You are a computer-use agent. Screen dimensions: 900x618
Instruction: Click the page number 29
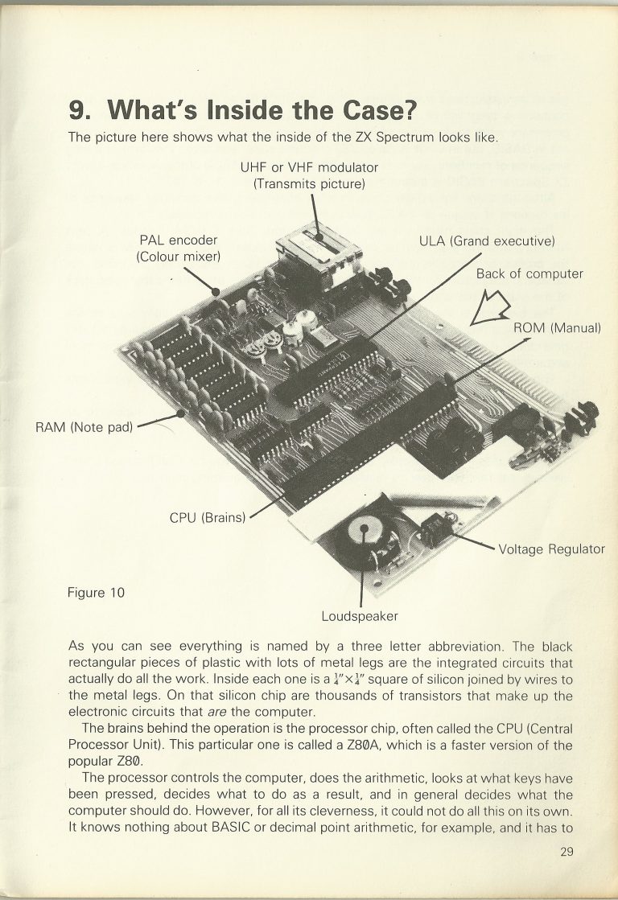tap(566, 853)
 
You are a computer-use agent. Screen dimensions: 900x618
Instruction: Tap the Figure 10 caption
tap(97, 593)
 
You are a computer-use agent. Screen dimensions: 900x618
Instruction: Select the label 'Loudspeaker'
tap(360, 616)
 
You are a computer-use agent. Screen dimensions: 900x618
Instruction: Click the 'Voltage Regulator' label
tap(551, 549)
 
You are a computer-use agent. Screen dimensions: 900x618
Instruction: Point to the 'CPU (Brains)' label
tap(207, 517)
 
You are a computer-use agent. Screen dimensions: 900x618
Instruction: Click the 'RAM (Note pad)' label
tap(84, 426)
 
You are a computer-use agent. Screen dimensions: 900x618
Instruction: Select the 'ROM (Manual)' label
tap(557, 328)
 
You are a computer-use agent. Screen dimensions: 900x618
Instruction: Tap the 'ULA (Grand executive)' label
tap(487, 240)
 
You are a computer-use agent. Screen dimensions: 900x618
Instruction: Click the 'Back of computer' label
tap(529, 273)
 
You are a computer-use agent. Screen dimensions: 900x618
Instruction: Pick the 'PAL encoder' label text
tap(179, 240)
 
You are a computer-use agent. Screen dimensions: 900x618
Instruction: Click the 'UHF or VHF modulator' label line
tap(309, 167)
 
